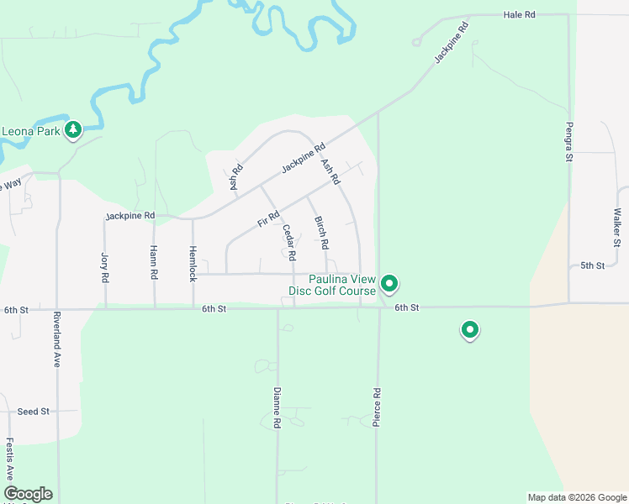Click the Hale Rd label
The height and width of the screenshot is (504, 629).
click(x=519, y=15)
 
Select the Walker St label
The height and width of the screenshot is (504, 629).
click(x=618, y=223)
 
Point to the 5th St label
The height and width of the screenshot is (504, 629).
click(x=593, y=266)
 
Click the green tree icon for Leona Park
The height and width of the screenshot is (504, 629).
click(x=73, y=129)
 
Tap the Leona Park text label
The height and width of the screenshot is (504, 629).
click(x=31, y=131)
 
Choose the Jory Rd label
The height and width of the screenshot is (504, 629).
click(x=105, y=266)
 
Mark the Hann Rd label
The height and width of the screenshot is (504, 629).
click(x=154, y=262)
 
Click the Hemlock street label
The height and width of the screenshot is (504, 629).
click(x=193, y=264)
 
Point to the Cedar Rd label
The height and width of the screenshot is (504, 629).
click(x=288, y=241)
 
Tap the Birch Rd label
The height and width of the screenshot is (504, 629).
click(x=321, y=234)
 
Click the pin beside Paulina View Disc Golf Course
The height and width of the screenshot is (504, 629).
click(x=388, y=284)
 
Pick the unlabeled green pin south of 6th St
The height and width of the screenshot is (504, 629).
click(x=470, y=330)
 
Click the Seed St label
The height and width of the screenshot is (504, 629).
click(x=34, y=412)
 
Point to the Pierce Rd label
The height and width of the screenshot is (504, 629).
click(x=377, y=407)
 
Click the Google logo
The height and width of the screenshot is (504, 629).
click(x=28, y=494)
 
